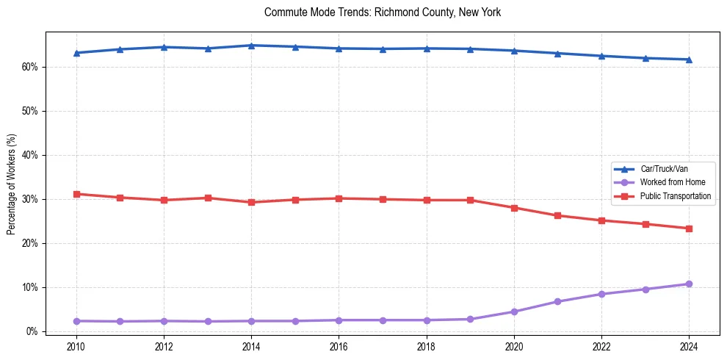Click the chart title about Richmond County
coord(383,12)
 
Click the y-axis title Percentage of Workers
coord(12,184)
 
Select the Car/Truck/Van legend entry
coord(664,169)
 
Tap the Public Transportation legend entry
coord(675,196)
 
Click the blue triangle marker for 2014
coord(251,46)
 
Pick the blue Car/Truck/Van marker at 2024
coord(689,60)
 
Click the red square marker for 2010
coord(76,194)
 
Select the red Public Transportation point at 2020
coord(514,208)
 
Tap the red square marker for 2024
coord(689,228)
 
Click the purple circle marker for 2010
coord(76,321)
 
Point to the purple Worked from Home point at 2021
coord(557,301)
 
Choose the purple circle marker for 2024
coord(689,284)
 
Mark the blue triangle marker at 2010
coord(76,53)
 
